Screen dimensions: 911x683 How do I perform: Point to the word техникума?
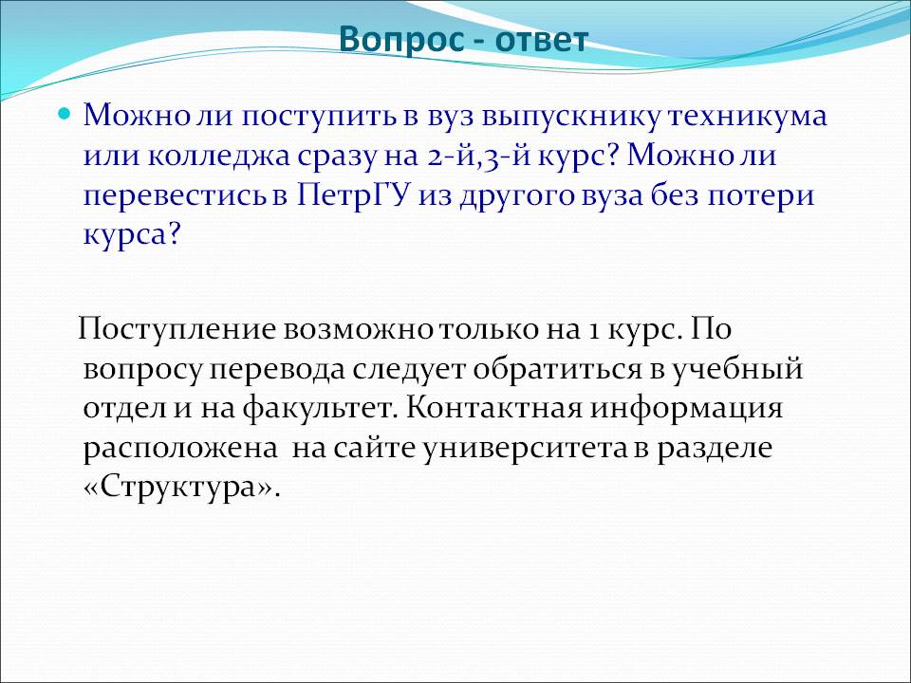(x=747, y=116)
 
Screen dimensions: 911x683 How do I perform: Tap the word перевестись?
(x=176, y=196)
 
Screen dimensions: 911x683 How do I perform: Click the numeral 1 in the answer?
(x=593, y=330)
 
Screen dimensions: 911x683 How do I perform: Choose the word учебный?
(x=738, y=369)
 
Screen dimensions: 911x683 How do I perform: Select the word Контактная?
(x=493, y=408)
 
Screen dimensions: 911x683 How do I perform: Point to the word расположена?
(x=180, y=450)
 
